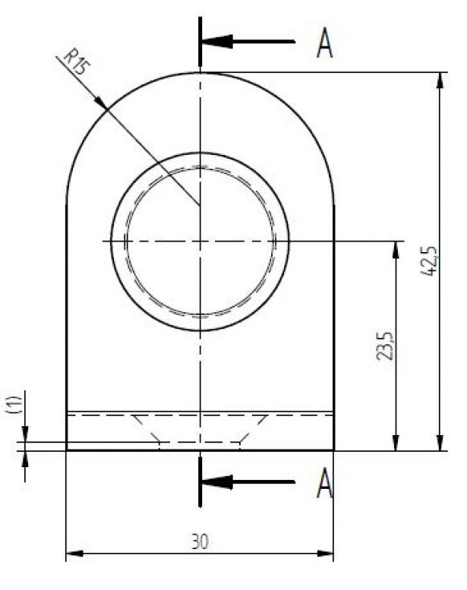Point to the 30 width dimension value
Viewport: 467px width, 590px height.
[x=200, y=542]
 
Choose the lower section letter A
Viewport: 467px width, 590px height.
[x=324, y=482]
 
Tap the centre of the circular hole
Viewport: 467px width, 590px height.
[x=200, y=241]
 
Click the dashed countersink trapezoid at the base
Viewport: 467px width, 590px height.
[x=200, y=429]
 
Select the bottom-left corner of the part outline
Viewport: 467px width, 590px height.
[x=66, y=450]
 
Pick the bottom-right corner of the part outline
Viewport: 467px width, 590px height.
[x=334, y=450]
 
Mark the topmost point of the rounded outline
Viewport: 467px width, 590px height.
[x=200, y=73]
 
